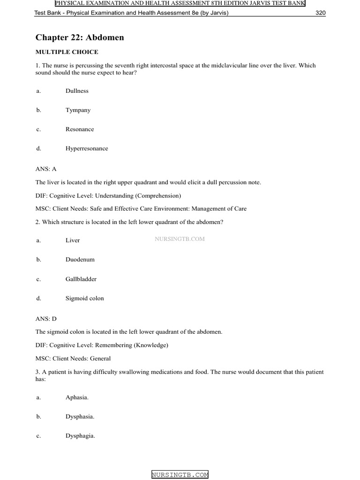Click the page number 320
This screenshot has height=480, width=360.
pos(320,13)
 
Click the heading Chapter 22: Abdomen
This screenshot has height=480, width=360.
pos(80,37)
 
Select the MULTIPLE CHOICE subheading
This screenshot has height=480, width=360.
pos(67,52)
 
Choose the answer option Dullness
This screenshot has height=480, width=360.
pos(77,91)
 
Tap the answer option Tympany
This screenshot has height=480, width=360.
pos(78,110)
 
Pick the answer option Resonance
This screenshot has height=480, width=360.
pos(80,129)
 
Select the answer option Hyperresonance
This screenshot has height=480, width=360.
pos(87,149)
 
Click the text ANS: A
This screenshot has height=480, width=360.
pos(46,168)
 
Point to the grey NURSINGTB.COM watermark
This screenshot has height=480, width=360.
pos(180,239)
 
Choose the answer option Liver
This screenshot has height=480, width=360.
pos(73,240)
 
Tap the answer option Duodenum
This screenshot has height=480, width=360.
pos(80,260)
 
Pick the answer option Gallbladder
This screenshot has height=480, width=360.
pos(81,279)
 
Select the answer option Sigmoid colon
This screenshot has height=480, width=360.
pos(85,298)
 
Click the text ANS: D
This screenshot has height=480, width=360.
pos(46,319)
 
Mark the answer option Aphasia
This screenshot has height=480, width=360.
pos(77,397)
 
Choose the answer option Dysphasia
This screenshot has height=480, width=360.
pos(80,416)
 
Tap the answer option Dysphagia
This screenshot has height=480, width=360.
pos(80,436)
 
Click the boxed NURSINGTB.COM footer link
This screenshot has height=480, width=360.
pos(180,475)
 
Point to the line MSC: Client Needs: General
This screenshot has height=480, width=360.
pos(73,359)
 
